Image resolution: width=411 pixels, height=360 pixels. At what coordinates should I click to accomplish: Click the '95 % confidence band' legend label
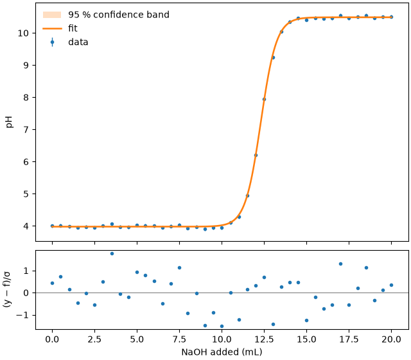tap(118, 15)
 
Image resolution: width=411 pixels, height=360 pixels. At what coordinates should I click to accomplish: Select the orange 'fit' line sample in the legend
tap(52, 28)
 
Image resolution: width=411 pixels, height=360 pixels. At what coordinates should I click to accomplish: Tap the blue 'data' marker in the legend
tap(52, 42)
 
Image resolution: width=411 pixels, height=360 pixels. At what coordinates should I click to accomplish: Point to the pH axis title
tap(10, 122)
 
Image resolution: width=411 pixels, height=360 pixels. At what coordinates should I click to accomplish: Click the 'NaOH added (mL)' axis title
tap(222, 352)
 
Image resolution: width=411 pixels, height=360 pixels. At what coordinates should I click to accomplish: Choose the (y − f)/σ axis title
tap(7, 290)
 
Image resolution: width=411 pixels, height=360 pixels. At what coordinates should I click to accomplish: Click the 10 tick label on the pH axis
tap(24, 33)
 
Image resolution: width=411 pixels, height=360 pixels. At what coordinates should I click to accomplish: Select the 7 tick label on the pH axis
tap(26, 130)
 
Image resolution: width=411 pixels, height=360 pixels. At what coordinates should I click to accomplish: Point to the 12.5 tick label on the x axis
tap(264, 339)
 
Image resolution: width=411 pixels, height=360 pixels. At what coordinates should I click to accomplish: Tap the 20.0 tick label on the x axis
tap(391, 339)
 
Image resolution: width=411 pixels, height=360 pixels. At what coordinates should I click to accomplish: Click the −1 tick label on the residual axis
tap(22, 315)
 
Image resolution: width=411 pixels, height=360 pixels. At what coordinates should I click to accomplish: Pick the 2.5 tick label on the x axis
tap(94, 339)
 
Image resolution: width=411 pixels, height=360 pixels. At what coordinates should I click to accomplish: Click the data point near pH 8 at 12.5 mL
tap(264, 99)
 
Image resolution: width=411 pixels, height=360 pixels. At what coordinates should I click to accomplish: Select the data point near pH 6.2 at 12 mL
tap(256, 156)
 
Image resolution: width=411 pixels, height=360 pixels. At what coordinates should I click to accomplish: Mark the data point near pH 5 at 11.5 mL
tap(247, 195)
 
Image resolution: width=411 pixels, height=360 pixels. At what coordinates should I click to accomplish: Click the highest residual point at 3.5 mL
tap(112, 253)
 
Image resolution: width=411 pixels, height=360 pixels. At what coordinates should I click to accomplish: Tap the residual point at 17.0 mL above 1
tap(340, 264)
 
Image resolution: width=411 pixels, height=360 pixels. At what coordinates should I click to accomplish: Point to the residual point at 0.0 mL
tap(52, 283)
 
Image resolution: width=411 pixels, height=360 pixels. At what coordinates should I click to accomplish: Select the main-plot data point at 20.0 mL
tap(391, 17)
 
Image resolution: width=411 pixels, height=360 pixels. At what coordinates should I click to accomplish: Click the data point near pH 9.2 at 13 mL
tap(273, 58)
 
